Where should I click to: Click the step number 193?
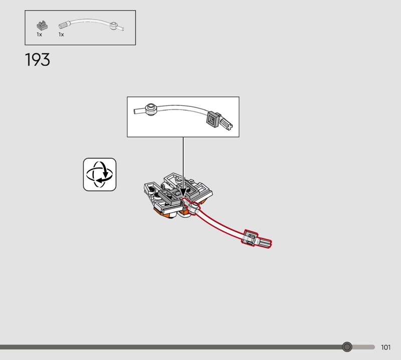38,60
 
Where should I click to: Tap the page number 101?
385,347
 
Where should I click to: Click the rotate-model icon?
99,174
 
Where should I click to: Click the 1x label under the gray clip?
39,35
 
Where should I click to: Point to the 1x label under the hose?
61,35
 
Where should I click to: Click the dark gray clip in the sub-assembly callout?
213,119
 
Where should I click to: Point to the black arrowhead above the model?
183,192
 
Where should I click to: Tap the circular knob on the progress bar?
347,347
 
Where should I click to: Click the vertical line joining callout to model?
183,160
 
